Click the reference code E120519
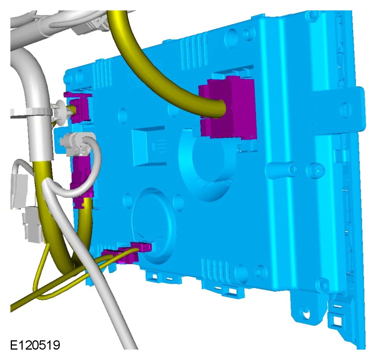(x=35, y=345)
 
